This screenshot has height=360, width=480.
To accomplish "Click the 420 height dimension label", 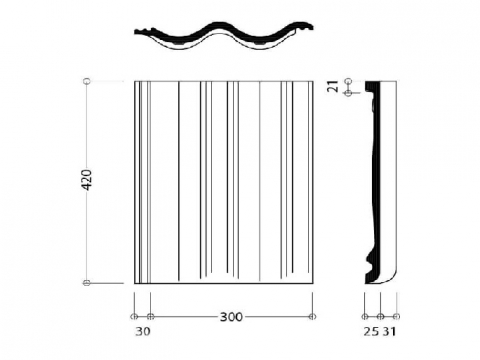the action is tap(87, 180).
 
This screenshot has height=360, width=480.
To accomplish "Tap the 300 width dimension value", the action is tap(231, 317).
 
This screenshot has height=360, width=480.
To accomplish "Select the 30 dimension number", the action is tap(143, 331).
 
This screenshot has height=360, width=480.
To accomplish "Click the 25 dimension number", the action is tap(371, 331).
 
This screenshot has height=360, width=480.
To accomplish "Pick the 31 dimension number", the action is tap(389, 331).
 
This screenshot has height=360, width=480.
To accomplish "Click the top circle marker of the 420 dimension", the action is tap(87, 81).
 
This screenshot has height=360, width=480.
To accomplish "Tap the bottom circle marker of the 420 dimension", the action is tap(87, 283).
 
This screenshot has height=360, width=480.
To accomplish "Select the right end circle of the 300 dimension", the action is tap(312, 316).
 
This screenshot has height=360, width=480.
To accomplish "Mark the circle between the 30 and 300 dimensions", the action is tap(150, 316).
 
